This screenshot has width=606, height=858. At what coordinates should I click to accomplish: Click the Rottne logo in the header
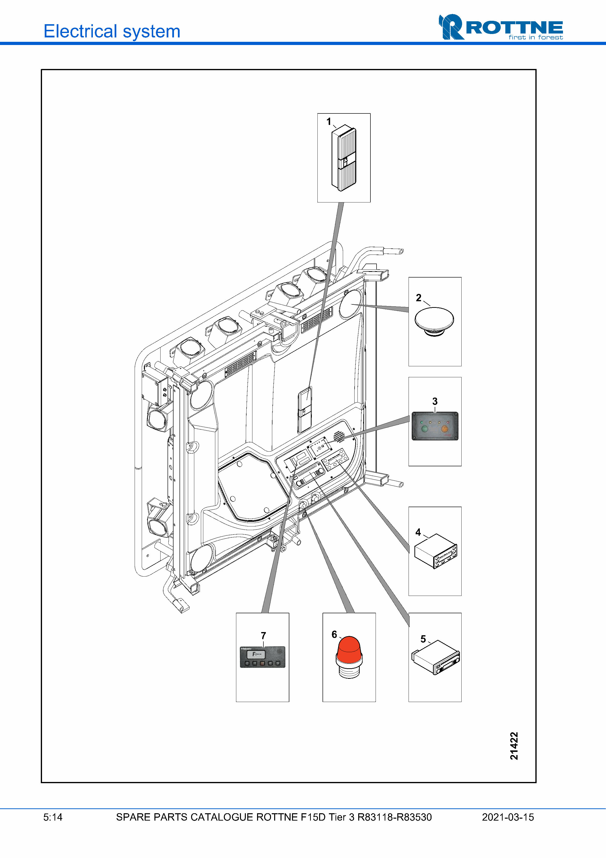click(x=501, y=27)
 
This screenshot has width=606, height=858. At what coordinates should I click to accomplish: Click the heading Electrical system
click(x=112, y=31)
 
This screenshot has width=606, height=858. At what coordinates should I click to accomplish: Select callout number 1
click(x=329, y=122)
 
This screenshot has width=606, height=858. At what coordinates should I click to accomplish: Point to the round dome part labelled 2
click(x=434, y=322)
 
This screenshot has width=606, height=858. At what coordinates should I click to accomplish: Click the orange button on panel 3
click(x=445, y=429)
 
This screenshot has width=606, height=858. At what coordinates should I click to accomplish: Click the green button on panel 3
click(x=424, y=429)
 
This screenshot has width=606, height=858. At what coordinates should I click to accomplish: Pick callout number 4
click(x=418, y=532)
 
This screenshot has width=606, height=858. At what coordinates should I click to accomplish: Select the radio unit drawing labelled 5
click(x=436, y=657)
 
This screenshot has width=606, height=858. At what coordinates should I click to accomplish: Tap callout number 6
click(x=334, y=634)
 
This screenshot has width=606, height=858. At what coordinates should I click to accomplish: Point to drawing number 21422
click(x=514, y=746)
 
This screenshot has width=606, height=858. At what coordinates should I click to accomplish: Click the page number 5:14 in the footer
click(x=53, y=817)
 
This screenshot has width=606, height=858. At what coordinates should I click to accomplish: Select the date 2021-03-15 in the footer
click(x=508, y=817)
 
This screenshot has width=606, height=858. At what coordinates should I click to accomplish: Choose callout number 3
click(x=435, y=401)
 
